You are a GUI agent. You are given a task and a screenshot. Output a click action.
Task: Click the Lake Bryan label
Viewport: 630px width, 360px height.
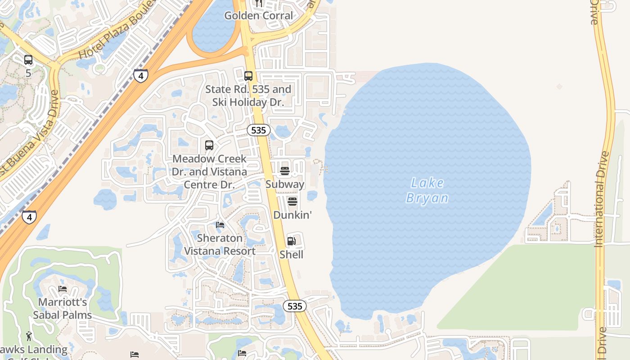(x=427, y=190)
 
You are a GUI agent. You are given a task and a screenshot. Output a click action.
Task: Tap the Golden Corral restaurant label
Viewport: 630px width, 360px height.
(x=258, y=16)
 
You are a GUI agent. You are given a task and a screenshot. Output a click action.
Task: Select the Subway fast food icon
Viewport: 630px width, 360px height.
(x=284, y=171)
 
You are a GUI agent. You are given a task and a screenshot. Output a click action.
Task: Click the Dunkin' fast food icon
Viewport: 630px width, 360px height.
(x=292, y=202)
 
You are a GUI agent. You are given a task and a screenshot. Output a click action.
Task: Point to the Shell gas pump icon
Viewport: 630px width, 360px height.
(x=292, y=241)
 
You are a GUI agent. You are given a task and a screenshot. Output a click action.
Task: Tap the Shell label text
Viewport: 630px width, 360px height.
(x=292, y=255)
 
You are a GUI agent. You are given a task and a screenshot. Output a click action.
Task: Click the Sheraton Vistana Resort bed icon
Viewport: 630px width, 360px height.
(x=220, y=225)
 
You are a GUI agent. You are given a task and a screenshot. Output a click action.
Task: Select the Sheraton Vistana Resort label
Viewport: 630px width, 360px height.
(x=220, y=244)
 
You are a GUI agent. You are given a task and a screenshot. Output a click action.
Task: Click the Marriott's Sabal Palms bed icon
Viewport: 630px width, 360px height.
(x=63, y=288)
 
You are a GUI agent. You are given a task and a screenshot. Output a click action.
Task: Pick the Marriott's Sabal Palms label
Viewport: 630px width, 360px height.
(x=63, y=308)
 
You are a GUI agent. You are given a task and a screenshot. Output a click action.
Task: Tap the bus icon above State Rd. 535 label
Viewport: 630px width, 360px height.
(x=248, y=76)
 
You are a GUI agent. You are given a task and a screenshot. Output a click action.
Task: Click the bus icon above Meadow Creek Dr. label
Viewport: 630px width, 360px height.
(x=209, y=145)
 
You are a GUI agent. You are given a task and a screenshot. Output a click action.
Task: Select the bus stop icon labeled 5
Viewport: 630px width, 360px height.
(x=28, y=60)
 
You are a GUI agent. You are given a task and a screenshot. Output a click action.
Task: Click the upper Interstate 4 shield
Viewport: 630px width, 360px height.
(x=140, y=76)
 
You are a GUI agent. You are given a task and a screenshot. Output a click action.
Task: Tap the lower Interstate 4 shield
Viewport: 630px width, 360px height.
(x=29, y=217)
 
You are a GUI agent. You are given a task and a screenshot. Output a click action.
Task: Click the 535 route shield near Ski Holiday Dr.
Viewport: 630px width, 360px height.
(x=258, y=130)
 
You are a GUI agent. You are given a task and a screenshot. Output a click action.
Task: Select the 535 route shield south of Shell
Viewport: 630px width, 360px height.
(x=294, y=306)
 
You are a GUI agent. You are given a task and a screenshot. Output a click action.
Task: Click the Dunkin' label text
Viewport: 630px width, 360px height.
(x=292, y=215)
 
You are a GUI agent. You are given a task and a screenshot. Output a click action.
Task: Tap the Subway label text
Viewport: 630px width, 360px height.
(x=285, y=184)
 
